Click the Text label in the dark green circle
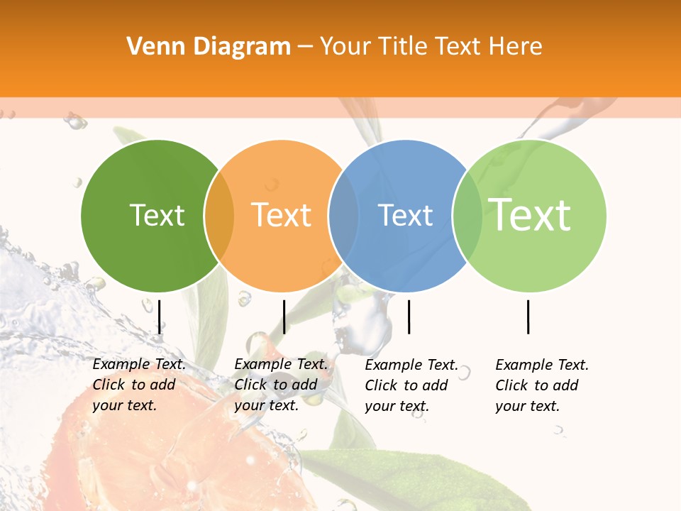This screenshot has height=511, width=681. [x=157, y=215]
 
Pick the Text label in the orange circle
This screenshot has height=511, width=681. [x=281, y=215]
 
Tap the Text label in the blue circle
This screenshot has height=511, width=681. [x=405, y=215]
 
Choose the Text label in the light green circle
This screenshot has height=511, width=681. [x=529, y=215]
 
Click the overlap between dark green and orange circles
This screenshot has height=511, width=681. [x=219, y=216]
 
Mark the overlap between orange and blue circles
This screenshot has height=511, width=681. [x=343, y=216]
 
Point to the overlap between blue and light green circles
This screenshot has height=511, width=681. [x=467, y=216]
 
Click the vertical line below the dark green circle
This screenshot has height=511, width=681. [x=160, y=317]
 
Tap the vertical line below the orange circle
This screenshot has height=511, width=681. [x=284, y=317]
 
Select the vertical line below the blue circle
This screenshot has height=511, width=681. [x=409, y=317]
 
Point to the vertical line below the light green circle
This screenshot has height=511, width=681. [x=528, y=317]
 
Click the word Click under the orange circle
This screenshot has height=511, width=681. [x=250, y=385]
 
